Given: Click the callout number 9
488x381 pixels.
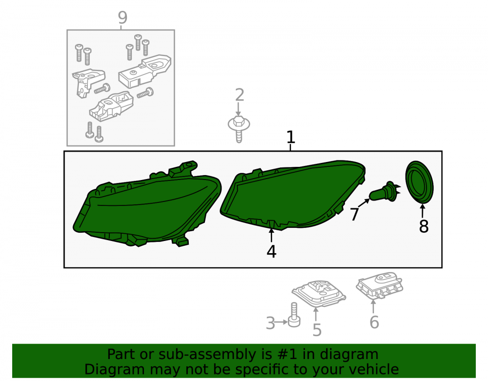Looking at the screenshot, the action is [x=122, y=18].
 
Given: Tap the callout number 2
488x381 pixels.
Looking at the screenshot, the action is [x=239, y=95].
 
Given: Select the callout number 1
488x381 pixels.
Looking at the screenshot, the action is [x=290, y=137].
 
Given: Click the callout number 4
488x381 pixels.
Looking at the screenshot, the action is [x=271, y=251].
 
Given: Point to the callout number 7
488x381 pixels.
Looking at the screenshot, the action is [x=354, y=214].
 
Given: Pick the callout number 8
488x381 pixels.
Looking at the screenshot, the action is [x=424, y=226].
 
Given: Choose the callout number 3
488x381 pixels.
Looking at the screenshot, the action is [x=270, y=323].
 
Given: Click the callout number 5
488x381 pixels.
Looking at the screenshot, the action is [x=317, y=330].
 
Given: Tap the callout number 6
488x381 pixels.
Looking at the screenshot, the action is [x=374, y=322].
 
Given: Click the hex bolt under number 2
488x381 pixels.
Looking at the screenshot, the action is [x=239, y=128].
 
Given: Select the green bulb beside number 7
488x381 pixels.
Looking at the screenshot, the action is [x=385, y=191].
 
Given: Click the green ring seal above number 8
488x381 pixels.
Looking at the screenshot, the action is [x=419, y=182].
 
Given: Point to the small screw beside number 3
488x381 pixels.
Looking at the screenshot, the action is [x=294, y=315].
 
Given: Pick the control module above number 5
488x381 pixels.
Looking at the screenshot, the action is [x=319, y=294].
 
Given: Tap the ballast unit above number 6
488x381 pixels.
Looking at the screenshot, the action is [x=380, y=285].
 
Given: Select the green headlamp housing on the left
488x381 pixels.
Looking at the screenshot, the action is [x=147, y=205].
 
